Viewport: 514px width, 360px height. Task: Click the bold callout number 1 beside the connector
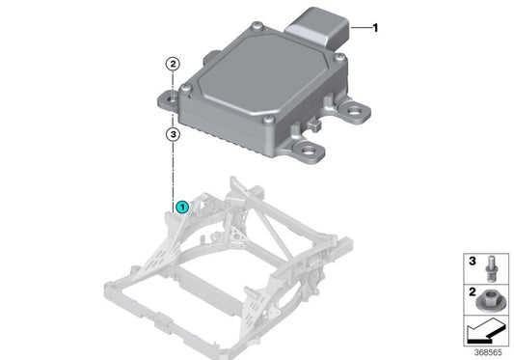375,28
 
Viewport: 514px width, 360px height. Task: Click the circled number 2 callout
171,65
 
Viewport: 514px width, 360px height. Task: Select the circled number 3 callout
171,135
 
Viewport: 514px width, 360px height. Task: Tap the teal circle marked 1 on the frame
181,206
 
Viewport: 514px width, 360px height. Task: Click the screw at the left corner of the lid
185,93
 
